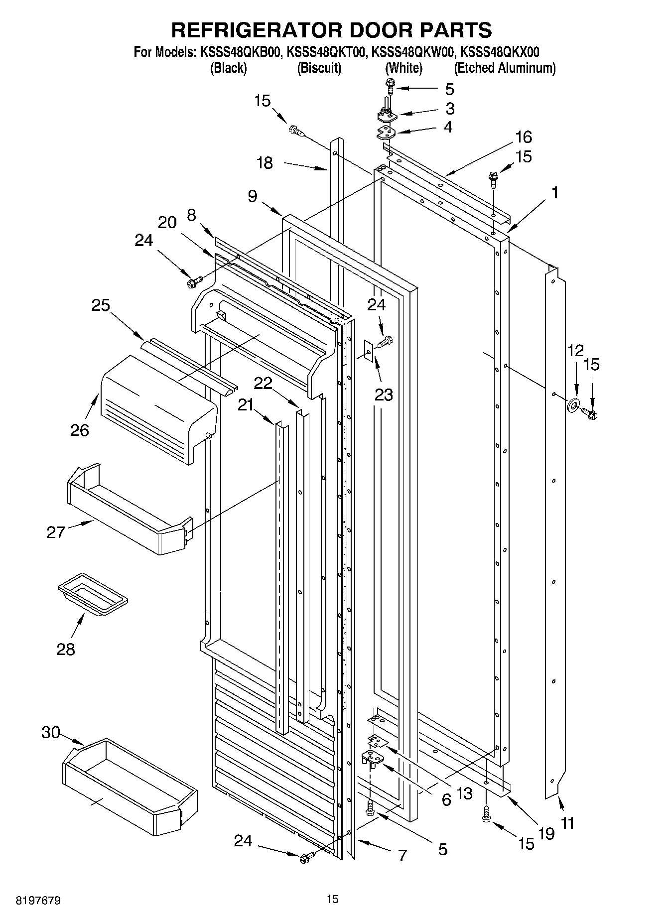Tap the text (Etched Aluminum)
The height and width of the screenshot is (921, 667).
pos(505,68)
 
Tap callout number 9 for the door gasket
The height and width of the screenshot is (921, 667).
pos(253,197)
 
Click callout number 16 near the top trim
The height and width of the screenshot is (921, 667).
pos(524,137)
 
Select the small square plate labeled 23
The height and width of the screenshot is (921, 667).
pos(369,351)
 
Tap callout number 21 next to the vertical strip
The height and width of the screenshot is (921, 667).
pos(246,405)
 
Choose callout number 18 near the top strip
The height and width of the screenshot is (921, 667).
pos(265,163)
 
